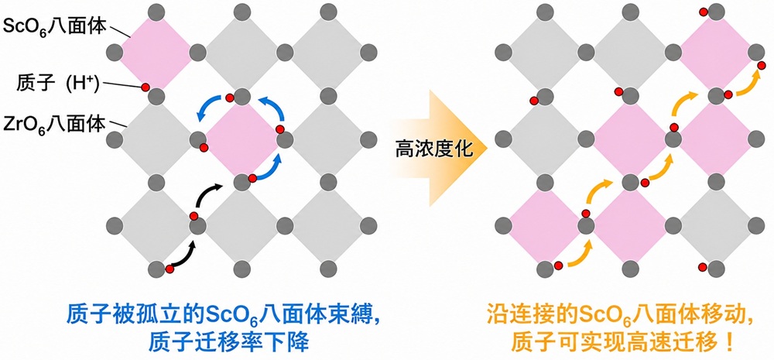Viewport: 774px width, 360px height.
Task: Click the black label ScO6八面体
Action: pos(55,26)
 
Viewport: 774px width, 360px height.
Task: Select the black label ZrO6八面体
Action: pos(54,124)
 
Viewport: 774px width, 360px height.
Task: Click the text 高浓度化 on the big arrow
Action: pos(434,148)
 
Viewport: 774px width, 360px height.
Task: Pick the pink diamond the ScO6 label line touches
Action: pos(156,51)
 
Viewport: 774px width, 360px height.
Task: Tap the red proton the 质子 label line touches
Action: pos(146,87)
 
